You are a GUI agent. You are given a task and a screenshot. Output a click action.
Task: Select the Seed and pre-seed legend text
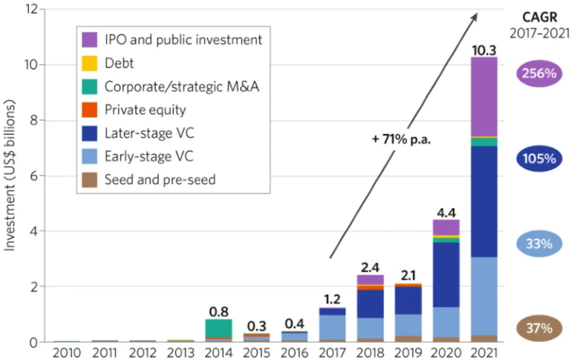pos(160,179)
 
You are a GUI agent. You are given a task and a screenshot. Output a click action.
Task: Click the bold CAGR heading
pos(539,17)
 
